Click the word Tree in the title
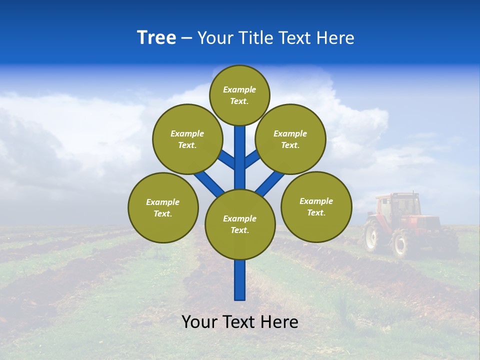156,38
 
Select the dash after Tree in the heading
187,38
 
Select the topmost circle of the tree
239,95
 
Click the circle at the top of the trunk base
240,224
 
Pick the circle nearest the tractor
316,206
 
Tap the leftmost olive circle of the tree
163,207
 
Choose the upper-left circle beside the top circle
187,139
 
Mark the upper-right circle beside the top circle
290,139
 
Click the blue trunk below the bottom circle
240,280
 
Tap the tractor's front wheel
401,243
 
